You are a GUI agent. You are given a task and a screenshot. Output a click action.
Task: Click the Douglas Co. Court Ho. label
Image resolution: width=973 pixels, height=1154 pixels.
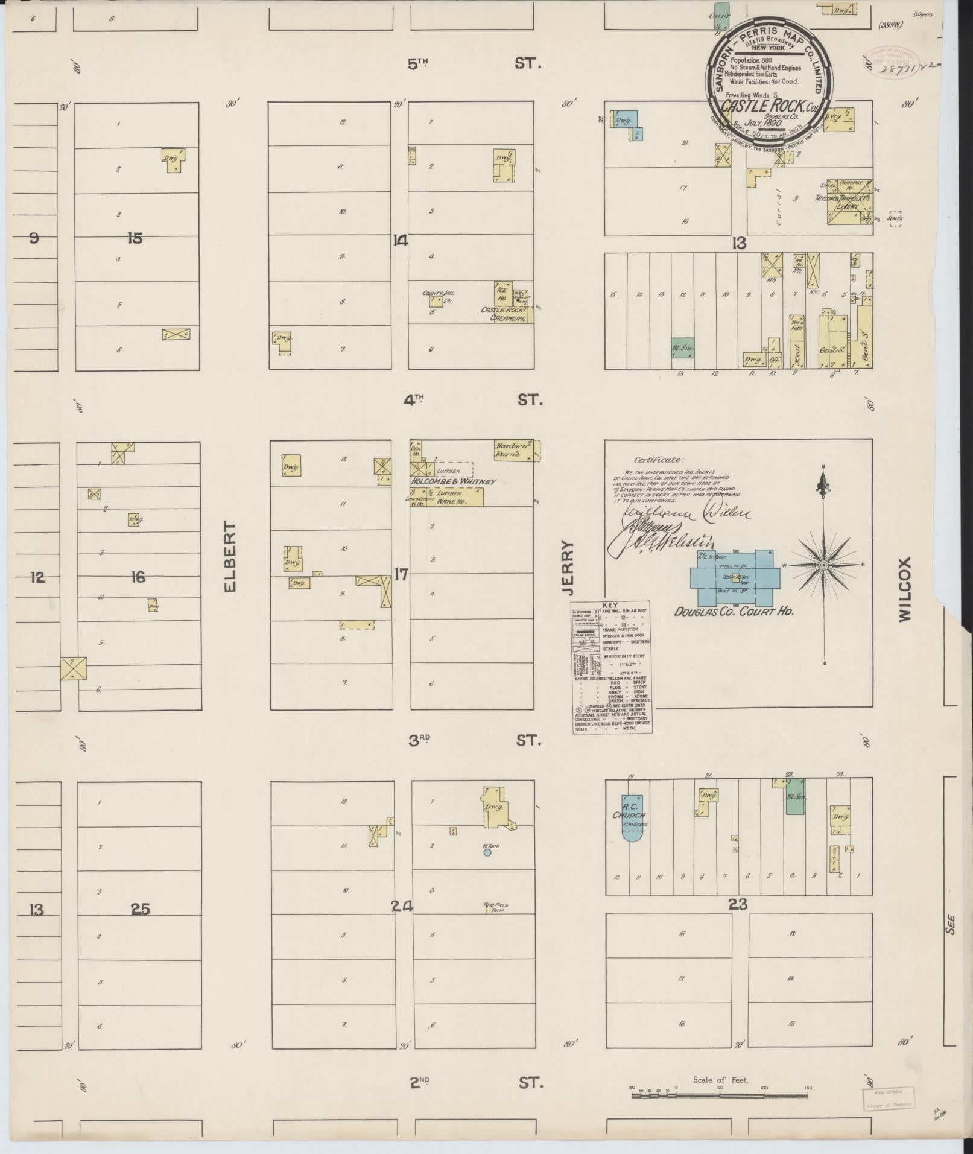[733, 611]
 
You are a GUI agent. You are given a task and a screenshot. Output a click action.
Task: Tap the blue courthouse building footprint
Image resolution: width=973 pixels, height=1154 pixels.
[737, 579]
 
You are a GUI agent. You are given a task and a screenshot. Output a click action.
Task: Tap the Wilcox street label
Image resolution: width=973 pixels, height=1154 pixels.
[904, 589]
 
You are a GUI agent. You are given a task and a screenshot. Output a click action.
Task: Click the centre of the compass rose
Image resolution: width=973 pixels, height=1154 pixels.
[823, 565]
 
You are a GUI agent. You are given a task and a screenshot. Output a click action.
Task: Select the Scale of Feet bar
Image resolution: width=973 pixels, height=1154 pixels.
[720, 672]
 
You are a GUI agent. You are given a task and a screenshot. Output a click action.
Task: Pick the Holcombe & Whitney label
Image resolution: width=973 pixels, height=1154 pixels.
[453, 481]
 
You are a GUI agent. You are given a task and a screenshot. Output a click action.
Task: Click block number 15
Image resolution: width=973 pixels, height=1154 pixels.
[135, 238]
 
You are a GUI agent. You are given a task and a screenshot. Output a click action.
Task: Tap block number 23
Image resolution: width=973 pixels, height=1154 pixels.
[738, 904]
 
